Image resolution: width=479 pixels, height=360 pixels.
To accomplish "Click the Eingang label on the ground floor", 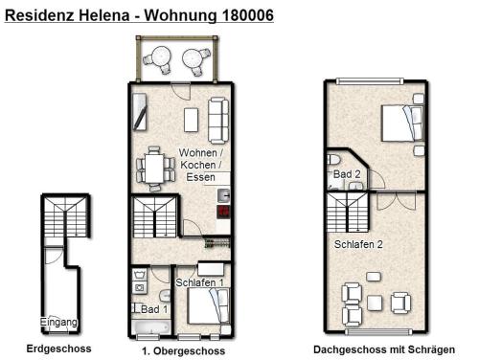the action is pyautogui.click(x=58, y=322).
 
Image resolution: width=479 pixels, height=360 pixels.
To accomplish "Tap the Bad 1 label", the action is pyautogui.click(x=154, y=309).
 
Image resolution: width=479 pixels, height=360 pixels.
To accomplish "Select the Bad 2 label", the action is pyautogui.click(x=347, y=174).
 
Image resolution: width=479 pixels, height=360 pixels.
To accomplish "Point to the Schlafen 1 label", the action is pyautogui.click(x=200, y=282).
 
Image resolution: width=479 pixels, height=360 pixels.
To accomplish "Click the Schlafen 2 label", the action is pyautogui.click(x=358, y=244).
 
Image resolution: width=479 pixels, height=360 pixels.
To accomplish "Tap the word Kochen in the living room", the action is pyautogui.click(x=198, y=165).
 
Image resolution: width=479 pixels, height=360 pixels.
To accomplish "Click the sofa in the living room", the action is pyautogui.click(x=218, y=121).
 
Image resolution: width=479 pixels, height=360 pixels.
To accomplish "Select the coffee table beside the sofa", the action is pyautogui.click(x=191, y=120).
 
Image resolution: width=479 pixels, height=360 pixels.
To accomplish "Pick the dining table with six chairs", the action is pyautogui.click(x=155, y=169).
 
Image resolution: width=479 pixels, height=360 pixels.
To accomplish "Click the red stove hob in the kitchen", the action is pyautogui.click(x=223, y=212).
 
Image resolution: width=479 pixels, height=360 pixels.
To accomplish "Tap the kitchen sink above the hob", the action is pyautogui.click(x=223, y=195).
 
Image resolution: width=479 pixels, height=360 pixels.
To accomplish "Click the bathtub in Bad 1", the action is pyautogui.click(x=151, y=327).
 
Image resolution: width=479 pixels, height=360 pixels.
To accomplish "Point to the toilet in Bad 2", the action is pyautogui.click(x=333, y=159).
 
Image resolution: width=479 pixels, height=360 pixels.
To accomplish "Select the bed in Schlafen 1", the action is pyautogui.click(x=208, y=306).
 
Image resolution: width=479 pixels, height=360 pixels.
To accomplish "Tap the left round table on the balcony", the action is pyautogui.click(x=159, y=59).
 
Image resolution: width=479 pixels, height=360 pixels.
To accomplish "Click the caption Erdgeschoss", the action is pyautogui.click(x=58, y=349).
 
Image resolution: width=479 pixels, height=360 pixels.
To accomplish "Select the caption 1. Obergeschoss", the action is pyautogui.click(x=183, y=351).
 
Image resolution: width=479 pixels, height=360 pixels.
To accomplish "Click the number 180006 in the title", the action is pyautogui.click(x=247, y=15).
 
